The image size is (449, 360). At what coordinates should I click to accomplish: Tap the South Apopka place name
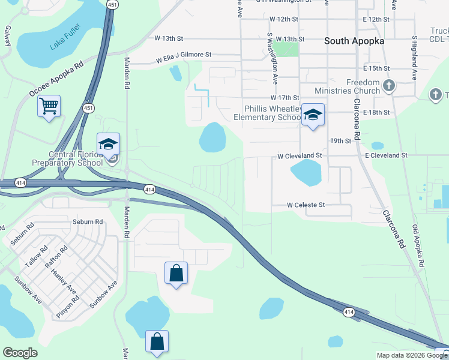pyautogui.click(x=354, y=41)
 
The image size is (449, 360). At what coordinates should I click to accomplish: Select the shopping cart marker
pyautogui.click(x=49, y=107)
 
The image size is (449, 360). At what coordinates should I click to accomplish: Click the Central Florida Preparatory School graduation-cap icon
pyautogui.click(x=109, y=144)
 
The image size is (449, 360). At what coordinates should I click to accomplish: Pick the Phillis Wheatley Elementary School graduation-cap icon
pyautogui.click(x=313, y=114)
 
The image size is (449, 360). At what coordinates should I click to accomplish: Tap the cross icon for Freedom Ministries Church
pyautogui.click(x=388, y=86)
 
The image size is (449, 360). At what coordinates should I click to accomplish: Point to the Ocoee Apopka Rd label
pyautogui.click(x=56, y=79)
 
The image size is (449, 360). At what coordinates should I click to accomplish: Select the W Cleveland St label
pyautogui.click(x=300, y=156)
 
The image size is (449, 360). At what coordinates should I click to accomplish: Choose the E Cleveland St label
pyautogui.click(x=386, y=155)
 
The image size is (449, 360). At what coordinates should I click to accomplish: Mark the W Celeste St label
pyautogui.click(x=306, y=205)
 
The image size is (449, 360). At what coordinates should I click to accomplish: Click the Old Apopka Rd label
pyautogui.click(x=419, y=246)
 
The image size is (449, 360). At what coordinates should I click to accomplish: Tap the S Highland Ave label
pyautogui.click(x=414, y=58)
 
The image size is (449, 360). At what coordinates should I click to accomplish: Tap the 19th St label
pyautogui.click(x=340, y=141)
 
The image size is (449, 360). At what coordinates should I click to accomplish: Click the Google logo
pyautogui.click(x=20, y=353)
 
